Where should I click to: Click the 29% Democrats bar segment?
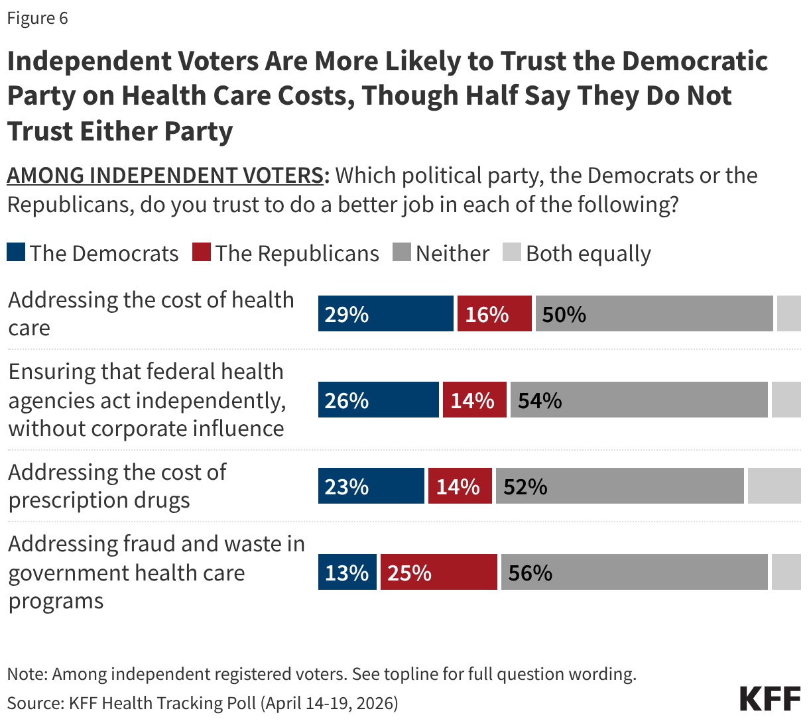pos(386,313)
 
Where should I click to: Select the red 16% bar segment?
pos(494,313)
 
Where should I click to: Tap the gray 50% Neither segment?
pos(654,313)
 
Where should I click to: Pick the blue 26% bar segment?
pos(378,400)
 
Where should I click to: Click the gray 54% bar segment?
pos(639,400)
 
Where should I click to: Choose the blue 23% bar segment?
pos(371,486)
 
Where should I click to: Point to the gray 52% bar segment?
pos(619,486)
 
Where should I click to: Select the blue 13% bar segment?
pos(347,572)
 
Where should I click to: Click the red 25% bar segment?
pos(438,572)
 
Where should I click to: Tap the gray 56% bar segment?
pos(634,572)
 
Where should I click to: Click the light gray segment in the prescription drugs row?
pos(774,486)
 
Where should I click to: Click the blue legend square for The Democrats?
pos(16,252)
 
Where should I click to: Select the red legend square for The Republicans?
pos(202,252)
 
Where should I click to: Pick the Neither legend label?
pos(452,253)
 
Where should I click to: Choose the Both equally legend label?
pos(588,253)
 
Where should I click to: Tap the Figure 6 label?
pos(37,18)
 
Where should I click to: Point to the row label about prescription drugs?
pos(117,486)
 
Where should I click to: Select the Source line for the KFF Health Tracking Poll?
pos(202,702)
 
